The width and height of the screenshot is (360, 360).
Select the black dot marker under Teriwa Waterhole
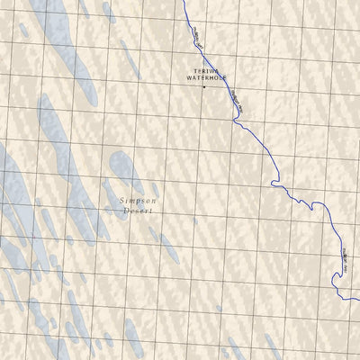tap(203, 87)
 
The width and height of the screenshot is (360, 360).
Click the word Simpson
tap(137, 202)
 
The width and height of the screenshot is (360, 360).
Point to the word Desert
tap(138, 211)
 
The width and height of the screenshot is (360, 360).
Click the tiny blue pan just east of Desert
tap(194, 220)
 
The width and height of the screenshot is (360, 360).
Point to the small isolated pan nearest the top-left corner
tap(22, 29)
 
